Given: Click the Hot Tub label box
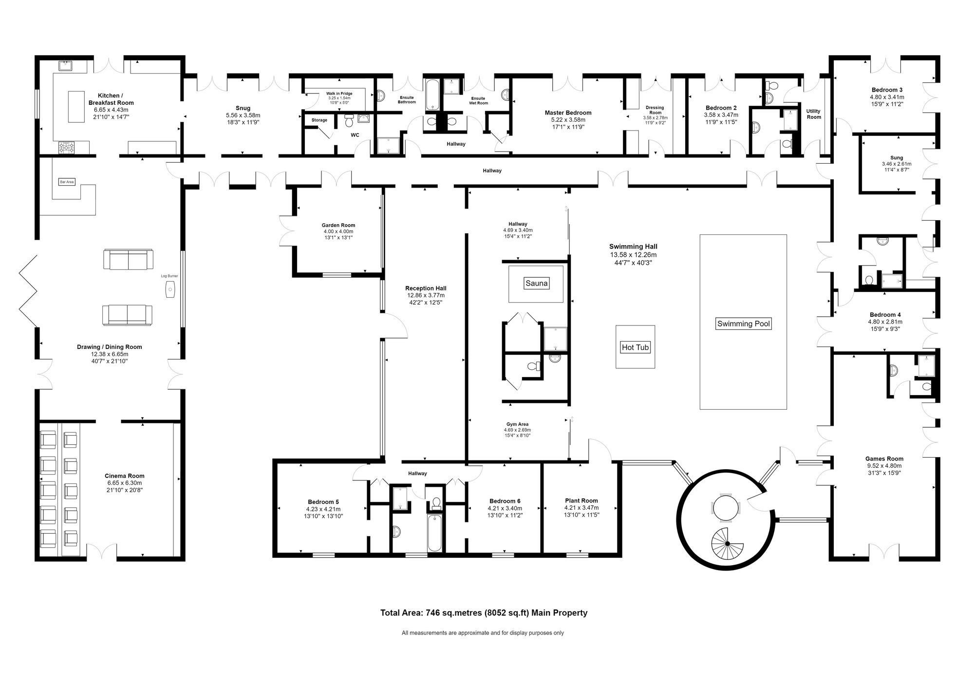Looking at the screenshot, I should click(x=635, y=347).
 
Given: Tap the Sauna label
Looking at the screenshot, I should click(x=536, y=283).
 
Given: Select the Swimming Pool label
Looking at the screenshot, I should click(x=743, y=324).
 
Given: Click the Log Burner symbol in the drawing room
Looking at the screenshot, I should click(x=170, y=289).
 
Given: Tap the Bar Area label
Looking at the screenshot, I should click(x=67, y=182).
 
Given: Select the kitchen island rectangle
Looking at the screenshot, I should click(x=75, y=107).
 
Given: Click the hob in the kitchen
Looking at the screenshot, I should click(x=66, y=147).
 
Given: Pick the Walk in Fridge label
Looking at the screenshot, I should click(x=339, y=94).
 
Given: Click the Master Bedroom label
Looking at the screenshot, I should click(x=568, y=113).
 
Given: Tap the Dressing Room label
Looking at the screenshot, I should click(x=655, y=110).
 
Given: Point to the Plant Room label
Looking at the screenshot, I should click(x=581, y=500).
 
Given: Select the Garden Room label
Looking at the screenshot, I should click(x=338, y=225).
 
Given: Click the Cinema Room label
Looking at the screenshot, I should click(x=124, y=476).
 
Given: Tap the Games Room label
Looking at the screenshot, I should click(x=884, y=459).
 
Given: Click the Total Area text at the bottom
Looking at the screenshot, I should click(x=484, y=613).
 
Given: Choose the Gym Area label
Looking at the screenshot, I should click(x=517, y=424).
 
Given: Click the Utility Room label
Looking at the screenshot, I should click(x=813, y=114).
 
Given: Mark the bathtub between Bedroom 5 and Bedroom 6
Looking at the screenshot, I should click(x=434, y=533).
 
